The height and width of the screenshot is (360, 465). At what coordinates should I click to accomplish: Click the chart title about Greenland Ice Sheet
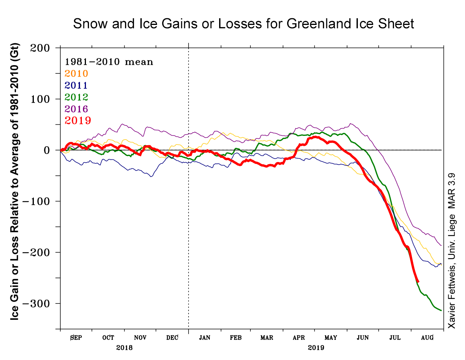coord(243,24)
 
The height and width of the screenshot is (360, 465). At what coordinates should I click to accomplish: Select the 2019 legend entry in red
coord(78,121)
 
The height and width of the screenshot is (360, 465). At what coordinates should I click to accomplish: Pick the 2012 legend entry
coord(76,97)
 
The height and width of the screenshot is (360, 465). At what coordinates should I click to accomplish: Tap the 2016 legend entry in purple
coord(76,109)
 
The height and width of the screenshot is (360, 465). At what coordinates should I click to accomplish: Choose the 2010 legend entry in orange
coord(76,74)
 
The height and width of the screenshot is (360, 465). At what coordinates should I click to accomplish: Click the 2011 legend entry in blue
coord(76,86)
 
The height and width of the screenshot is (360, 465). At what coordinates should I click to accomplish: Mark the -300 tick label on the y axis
coord(36,303)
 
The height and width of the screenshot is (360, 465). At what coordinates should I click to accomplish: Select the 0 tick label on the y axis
coord(47,150)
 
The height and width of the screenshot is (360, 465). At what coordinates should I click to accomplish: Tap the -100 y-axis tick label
coord(36,201)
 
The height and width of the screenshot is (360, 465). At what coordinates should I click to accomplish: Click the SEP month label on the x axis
coord(76,338)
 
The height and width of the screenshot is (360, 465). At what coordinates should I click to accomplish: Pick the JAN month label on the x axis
coord(205,338)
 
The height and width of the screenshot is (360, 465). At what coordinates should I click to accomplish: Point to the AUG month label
coord(427,338)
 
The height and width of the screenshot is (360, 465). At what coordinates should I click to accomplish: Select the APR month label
coord(299,338)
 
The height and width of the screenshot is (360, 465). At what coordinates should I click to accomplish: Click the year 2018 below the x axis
coord(124,348)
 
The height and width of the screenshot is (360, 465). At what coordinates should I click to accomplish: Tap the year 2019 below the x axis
coord(316,348)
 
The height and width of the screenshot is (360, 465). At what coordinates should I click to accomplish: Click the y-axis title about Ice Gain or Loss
coord(15,182)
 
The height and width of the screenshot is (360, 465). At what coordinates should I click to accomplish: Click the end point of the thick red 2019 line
coord(418,282)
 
